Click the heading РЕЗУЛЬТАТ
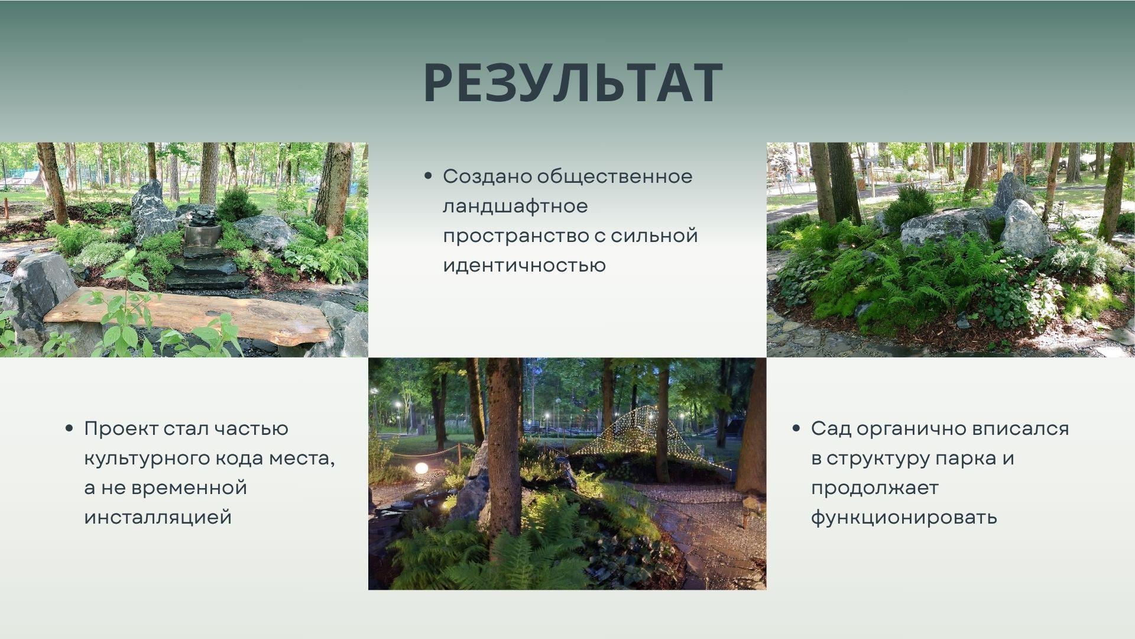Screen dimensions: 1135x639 (573, 83)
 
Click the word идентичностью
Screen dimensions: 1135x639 (524, 265)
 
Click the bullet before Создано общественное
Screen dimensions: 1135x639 (428, 176)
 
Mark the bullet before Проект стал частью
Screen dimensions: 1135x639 (70, 428)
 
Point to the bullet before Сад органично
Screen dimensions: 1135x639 (796, 428)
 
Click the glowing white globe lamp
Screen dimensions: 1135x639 (421, 468)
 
